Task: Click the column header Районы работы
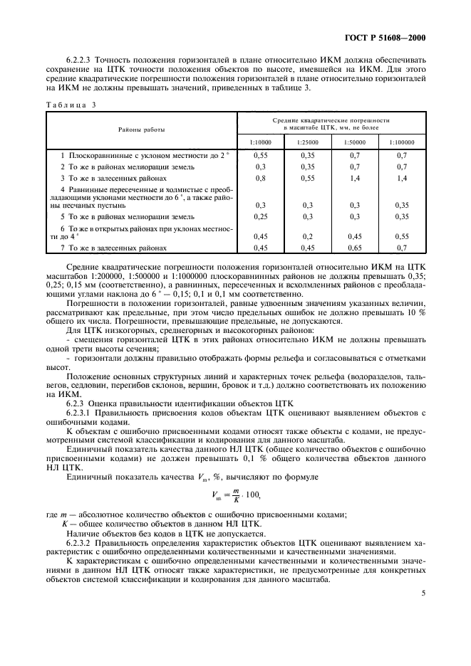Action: pyautogui.click(x=141, y=129)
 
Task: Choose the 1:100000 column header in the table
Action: pyautogui.click(x=403, y=142)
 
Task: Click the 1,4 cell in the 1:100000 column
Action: pyautogui.click(x=403, y=178)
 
